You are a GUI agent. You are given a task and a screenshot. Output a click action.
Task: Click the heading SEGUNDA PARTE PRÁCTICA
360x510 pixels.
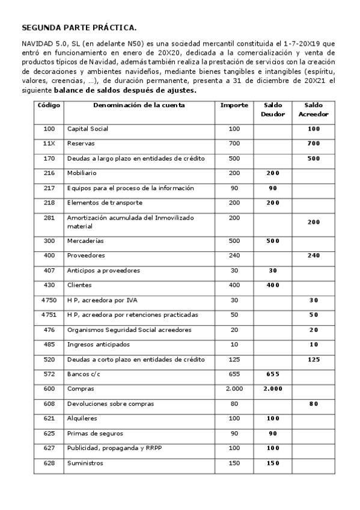[79, 28]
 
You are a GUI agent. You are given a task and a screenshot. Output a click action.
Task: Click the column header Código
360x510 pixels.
[49, 105]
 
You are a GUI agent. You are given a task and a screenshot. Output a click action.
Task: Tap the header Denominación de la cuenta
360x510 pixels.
[139, 105]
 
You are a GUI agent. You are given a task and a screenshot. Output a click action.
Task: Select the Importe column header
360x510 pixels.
[234, 105]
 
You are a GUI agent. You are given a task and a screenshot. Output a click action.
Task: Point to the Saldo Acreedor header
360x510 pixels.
[313, 109]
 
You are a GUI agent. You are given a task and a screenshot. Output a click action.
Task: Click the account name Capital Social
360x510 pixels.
[88, 129]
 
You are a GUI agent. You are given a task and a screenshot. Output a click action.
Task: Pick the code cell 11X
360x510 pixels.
[49, 144]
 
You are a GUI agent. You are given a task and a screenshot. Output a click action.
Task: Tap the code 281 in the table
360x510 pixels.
[49, 218]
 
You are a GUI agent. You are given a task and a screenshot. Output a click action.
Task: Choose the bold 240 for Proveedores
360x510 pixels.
[313, 256]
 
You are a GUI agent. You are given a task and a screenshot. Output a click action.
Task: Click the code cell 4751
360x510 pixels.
[49, 315]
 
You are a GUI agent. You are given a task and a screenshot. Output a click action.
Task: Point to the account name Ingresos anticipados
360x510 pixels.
[99, 345]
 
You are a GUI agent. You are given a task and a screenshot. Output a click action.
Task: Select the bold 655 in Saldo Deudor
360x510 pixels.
[273, 374]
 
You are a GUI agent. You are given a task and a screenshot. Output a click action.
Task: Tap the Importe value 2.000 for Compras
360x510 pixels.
[234, 389]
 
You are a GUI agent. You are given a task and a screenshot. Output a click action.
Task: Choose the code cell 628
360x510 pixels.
[49, 463]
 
